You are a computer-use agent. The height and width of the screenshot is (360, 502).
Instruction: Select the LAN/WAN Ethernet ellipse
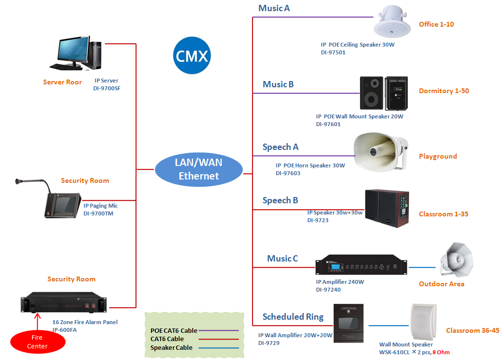(x=199, y=169)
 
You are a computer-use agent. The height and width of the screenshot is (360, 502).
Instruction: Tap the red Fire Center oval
(x=37, y=342)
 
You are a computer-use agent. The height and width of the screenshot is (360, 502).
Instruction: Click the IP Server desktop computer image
(x=75, y=53)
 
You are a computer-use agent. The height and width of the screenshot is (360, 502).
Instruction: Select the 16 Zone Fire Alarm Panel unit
(x=65, y=302)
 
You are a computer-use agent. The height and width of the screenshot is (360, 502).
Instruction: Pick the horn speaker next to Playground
(x=380, y=151)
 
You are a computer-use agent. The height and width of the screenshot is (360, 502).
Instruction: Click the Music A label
(x=274, y=8)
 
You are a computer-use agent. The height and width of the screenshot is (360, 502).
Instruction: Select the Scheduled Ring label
(x=293, y=317)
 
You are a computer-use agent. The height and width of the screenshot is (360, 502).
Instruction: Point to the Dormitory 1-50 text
(x=444, y=91)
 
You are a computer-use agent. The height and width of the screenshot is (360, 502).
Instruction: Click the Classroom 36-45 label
(x=472, y=330)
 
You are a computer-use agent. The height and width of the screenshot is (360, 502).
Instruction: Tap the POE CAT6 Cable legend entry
(x=174, y=330)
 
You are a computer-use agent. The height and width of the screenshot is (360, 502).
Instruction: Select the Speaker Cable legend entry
(x=171, y=347)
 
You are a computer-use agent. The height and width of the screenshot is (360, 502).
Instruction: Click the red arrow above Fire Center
(x=37, y=320)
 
